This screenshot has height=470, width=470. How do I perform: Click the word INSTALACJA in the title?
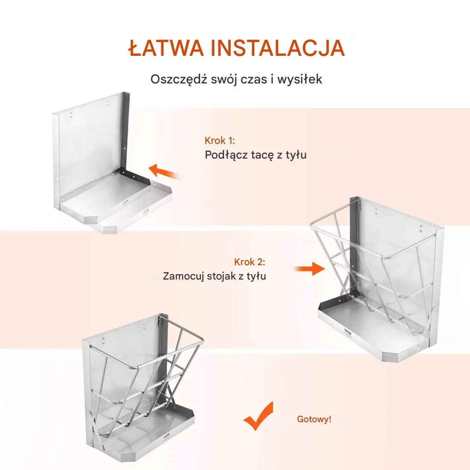point(278,48)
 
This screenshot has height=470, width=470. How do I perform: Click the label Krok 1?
point(220,141)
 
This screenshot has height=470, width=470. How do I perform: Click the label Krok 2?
point(250,262)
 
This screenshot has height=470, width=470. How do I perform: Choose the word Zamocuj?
point(183,276)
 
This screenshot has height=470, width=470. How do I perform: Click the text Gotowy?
point(314,419)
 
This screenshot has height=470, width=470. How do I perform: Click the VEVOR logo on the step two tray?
point(348,331)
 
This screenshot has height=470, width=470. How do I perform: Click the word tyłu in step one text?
point(296,155)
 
